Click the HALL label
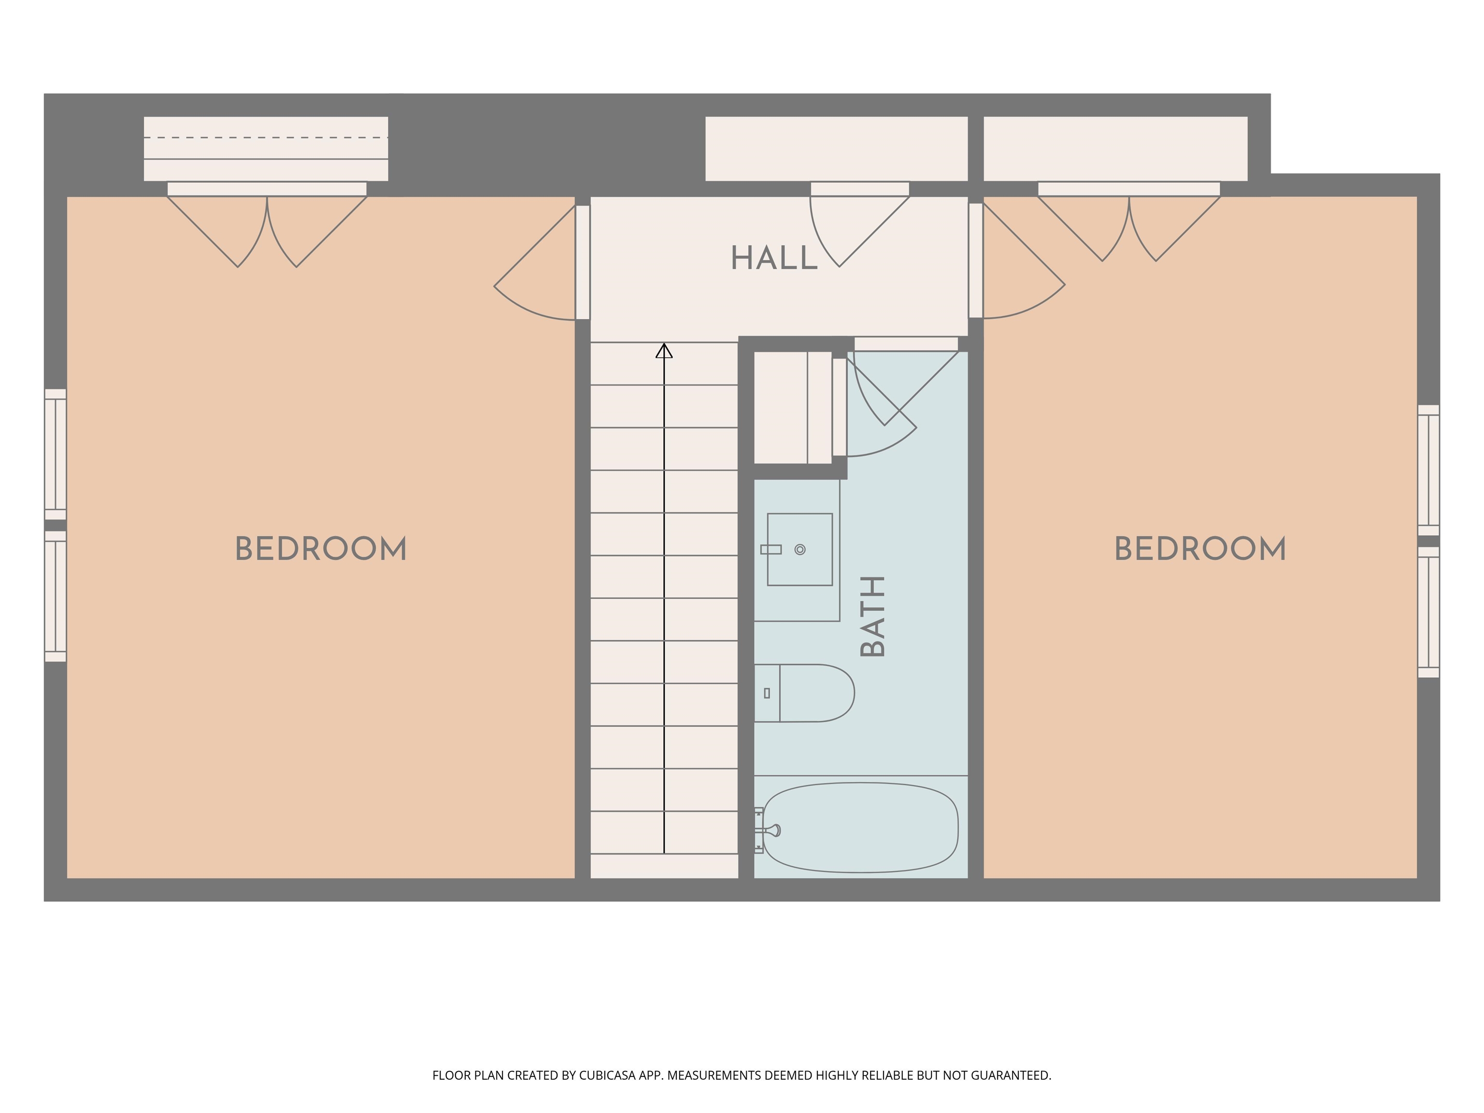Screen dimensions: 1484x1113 (774, 258)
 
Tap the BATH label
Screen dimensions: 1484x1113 (873, 616)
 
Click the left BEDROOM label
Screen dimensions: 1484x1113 (321, 549)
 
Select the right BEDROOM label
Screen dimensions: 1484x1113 (1200, 549)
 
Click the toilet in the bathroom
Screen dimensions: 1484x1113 (804, 693)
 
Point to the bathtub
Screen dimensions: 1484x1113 (861, 828)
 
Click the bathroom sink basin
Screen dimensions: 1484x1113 (799, 549)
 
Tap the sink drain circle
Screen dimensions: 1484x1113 (799, 549)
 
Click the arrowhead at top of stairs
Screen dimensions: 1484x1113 (664, 350)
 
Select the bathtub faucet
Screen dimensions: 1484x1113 (769, 830)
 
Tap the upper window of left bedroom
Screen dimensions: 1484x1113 (56, 454)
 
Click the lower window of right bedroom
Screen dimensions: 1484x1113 (1429, 612)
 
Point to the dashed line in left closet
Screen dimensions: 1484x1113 (266, 138)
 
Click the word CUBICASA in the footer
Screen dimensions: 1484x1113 (607, 1075)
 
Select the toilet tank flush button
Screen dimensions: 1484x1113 (767, 694)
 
